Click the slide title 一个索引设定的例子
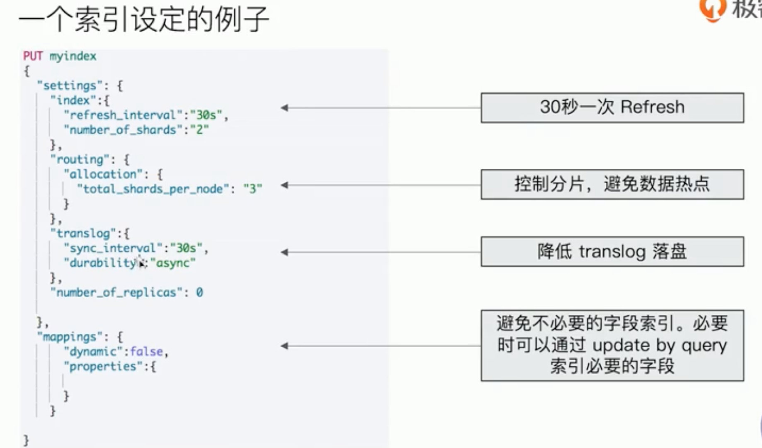tap(143, 19)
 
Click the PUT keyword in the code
tap(33, 56)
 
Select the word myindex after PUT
tap(73, 56)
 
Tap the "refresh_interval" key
tap(123, 115)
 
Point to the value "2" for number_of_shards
tap(199, 130)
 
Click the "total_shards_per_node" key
tap(153, 189)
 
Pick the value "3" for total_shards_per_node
tap(252, 189)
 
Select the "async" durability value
tap(173, 263)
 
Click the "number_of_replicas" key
tap(116, 292)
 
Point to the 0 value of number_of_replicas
tap(199, 292)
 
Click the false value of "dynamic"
tap(146, 351)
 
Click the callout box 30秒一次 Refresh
tap(612, 107)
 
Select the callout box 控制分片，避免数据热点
tap(612, 184)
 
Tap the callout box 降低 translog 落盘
tap(612, 251)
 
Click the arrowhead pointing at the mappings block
tap(284, 346)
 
